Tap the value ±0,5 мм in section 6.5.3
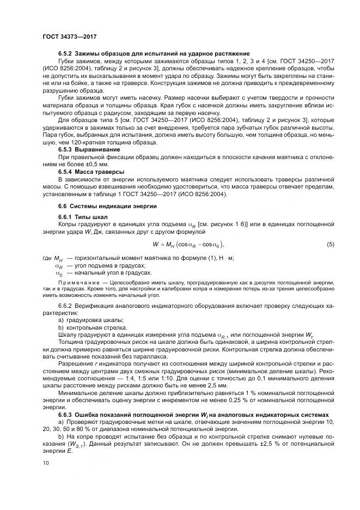[93, 163]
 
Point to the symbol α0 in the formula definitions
[59, 272]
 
